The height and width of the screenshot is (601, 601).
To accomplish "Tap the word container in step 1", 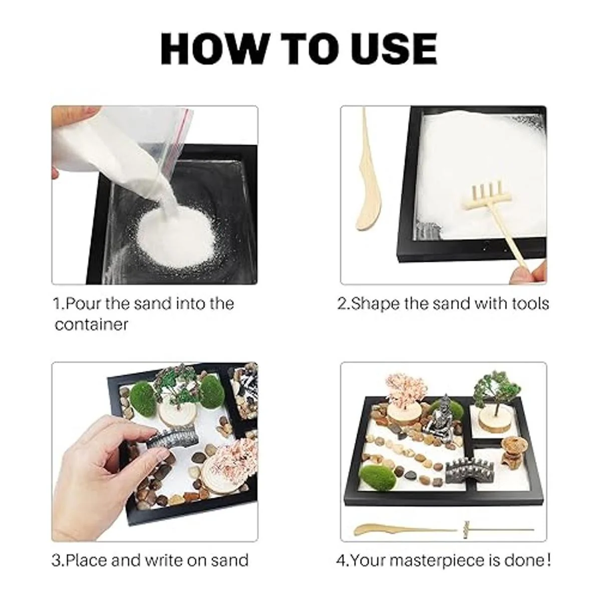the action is [91, 325].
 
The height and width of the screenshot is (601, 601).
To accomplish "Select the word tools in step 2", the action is [530, 304].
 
